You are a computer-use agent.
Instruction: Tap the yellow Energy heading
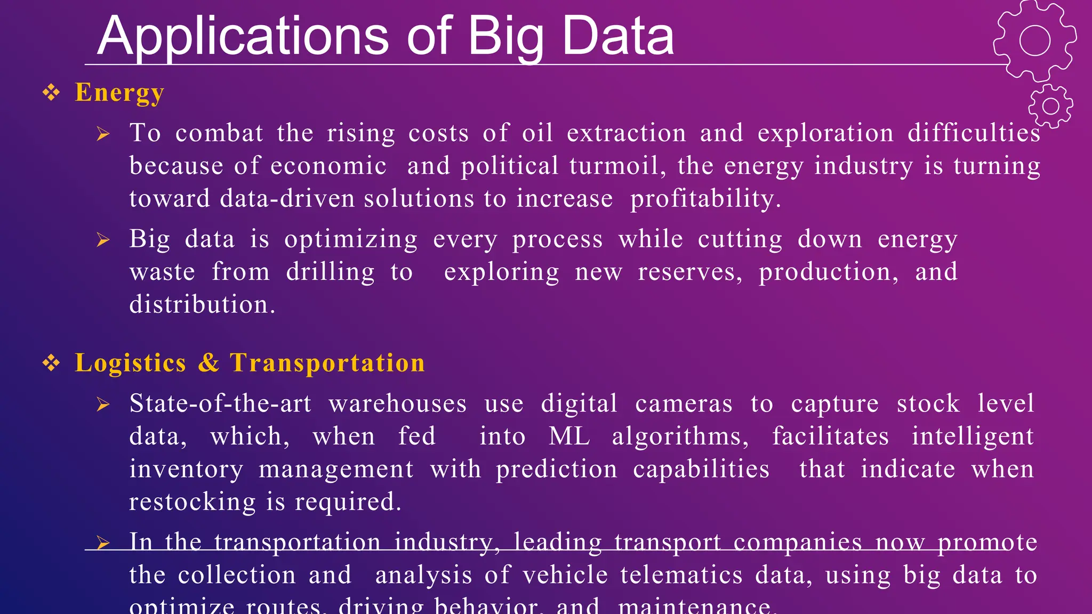[119, 93]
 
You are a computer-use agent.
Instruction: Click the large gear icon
[1034, 41]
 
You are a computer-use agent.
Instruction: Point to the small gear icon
[1050, 106]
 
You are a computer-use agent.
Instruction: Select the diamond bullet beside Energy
[51, 93]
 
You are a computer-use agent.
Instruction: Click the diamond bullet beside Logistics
[51, 363]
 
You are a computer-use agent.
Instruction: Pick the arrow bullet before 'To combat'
[103, 134]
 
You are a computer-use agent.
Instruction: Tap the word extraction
[626, 133]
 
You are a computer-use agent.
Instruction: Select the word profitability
[705, 199]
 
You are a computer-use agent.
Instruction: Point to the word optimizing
[351, 239]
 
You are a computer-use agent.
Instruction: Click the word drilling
[331, 272]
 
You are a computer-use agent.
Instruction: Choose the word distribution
[202, 305]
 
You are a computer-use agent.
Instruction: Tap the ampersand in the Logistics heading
[208, 363]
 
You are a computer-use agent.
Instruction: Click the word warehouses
[398, 403]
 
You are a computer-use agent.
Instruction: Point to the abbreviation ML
[569, 437]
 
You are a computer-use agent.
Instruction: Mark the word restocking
[192, 502]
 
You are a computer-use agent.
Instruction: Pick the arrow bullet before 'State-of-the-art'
[103, 405]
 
